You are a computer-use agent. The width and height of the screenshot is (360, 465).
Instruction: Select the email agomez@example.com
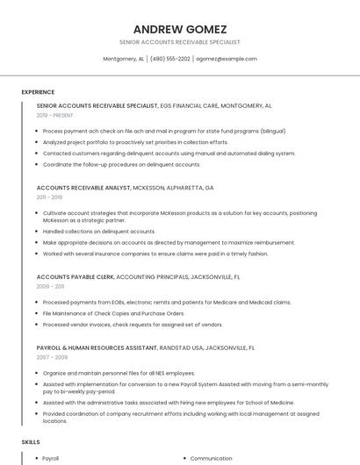[227, 59]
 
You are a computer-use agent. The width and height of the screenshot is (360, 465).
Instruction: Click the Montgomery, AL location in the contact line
[123, 59]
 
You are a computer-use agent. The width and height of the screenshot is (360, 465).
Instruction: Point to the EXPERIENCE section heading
[38, 91]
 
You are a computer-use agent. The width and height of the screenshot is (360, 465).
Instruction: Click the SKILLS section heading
[31, 441]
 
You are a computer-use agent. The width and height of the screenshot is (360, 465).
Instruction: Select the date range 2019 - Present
[55, 115]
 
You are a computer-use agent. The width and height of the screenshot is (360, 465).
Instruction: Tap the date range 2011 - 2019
[49, 197]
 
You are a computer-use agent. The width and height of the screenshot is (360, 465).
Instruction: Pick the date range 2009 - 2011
[50, 286]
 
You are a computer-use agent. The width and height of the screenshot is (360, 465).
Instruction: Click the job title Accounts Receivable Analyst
[83, 188]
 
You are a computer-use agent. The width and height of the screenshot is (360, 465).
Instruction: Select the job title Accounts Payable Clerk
[76, 276]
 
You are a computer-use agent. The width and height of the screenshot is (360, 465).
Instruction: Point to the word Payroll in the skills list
[51, 458]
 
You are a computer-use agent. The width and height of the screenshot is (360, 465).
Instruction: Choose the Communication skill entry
[211, 458]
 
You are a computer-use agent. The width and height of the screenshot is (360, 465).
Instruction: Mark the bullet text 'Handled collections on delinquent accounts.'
[99, 232]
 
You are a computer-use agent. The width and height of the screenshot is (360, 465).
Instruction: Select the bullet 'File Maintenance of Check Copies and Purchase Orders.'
[113, 313]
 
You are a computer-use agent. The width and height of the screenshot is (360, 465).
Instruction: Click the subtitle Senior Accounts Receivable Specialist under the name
[179, 42]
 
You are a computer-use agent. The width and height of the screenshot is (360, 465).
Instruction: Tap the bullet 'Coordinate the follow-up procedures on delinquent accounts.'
[121, 164]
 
